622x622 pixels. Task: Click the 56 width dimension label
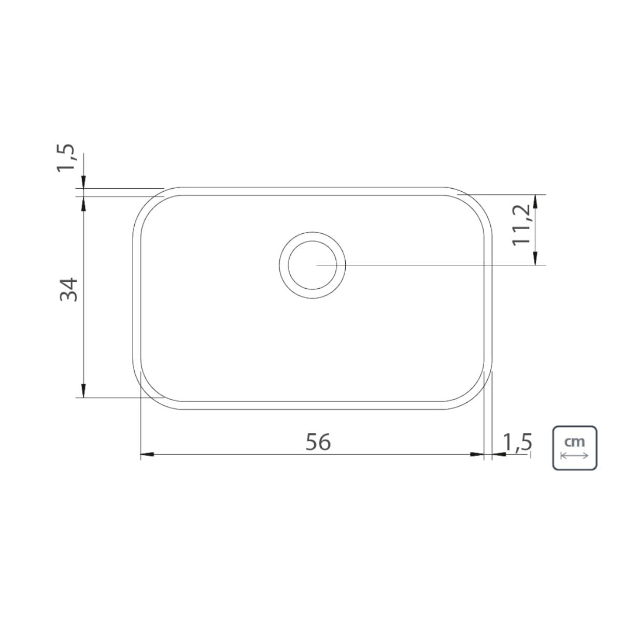(318, 442)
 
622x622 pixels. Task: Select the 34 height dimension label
(69, 289)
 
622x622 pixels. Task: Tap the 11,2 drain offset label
(521, 225)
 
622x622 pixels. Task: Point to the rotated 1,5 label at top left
(66, 158)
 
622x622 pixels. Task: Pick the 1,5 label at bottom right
(517, 442)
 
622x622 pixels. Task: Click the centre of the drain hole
(312, 265)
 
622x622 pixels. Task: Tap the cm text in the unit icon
(574, 442)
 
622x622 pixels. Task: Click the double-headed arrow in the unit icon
(574, 456)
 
